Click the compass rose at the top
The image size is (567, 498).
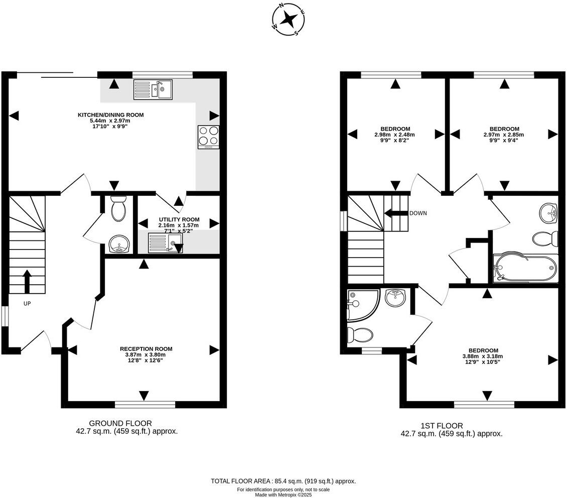click(288, 20)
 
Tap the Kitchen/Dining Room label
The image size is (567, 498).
click(111, 115)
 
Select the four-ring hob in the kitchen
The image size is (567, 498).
click(209, 137)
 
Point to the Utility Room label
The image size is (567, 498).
click(179, 219)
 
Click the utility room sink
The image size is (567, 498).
click(165, 242)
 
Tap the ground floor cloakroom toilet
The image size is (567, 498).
click(118, 208)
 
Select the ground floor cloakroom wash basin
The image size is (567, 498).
click(119, 244)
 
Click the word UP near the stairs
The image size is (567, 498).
click(27, 304)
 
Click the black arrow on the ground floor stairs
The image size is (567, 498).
click(27, 281)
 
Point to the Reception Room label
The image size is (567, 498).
click(146, 349)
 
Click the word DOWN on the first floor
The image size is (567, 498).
click(418, 213)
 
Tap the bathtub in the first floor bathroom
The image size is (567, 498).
click(525, 269)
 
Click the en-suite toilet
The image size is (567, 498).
click(360, 335)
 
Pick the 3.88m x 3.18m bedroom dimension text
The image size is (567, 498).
click(483, 356)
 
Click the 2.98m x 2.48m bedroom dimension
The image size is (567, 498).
click(394, 135)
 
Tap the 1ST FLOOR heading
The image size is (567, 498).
click(442, 426)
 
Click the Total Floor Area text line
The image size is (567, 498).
click(283, 481)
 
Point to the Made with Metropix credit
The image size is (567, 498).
click(283, 495)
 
